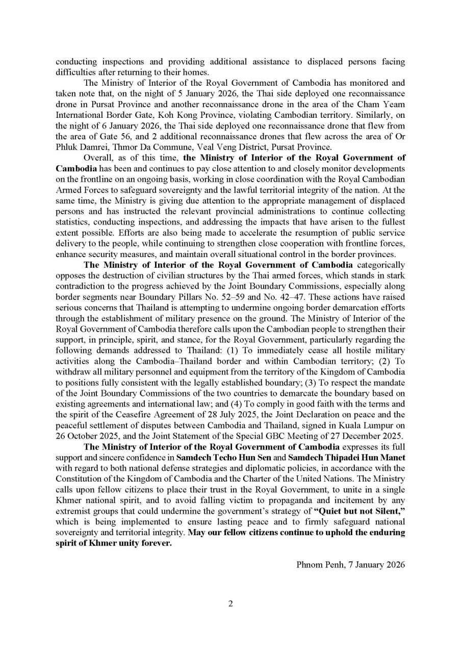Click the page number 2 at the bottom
(x=231, y=604)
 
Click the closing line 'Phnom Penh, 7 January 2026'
(x=350, y=565)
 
